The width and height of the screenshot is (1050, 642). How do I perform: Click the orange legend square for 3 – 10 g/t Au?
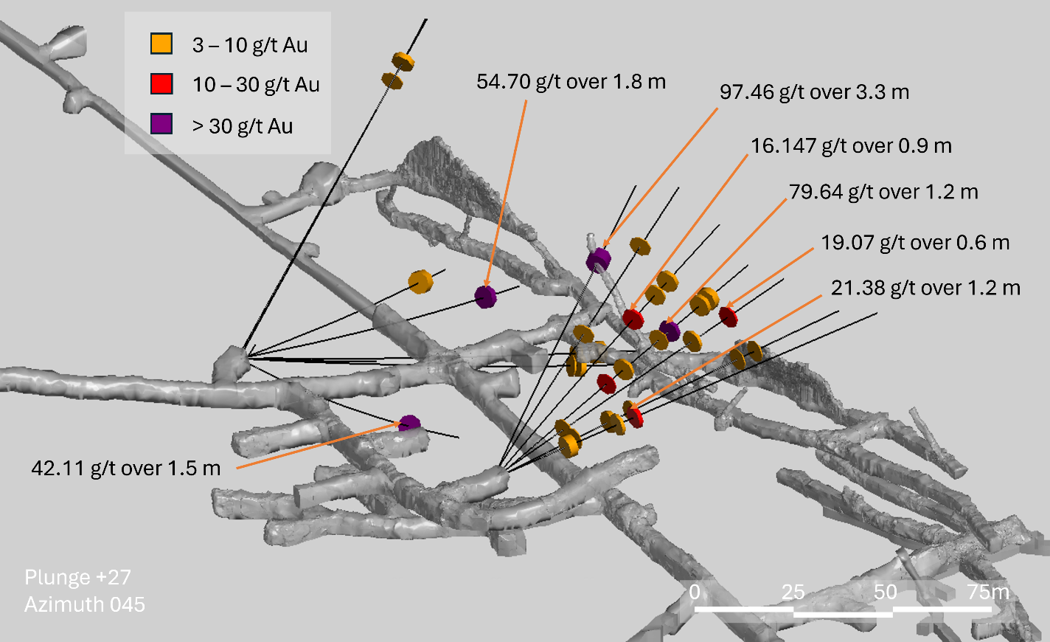pos(161,44)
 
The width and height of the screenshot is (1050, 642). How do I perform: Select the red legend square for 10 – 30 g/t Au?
pos(161,83)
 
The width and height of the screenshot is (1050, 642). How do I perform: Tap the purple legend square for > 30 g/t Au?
pos(161,124)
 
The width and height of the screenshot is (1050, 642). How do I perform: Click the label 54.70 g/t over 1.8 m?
pos(571,82)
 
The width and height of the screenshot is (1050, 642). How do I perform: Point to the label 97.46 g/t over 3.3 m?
pos(814,92)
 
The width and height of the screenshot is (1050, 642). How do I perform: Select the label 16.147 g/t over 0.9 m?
pos(851,146)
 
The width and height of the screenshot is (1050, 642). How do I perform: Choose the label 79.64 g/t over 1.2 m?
pos(883,193)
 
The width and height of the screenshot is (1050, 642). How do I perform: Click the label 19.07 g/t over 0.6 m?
pos(915,243)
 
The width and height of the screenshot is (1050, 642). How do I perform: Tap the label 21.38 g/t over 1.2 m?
pos(925,288)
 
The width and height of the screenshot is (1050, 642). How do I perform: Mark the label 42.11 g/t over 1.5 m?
pos(125,468)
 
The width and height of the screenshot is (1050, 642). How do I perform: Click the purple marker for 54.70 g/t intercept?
pos(485,297)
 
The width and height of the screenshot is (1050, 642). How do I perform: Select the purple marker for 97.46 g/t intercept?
pos(599,260)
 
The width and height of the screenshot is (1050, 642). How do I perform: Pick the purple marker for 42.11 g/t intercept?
pos(409,423)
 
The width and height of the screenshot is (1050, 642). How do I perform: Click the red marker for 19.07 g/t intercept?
pos(729,317)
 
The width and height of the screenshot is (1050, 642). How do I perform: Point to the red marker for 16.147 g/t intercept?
pos(633,319)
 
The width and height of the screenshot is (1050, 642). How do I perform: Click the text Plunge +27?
pos(77,577)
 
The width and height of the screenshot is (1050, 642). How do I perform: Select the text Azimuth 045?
pos(85,604)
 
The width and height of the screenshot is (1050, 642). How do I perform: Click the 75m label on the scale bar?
pos(988,593)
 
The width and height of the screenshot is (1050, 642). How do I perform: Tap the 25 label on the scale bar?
pos(793,593)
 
